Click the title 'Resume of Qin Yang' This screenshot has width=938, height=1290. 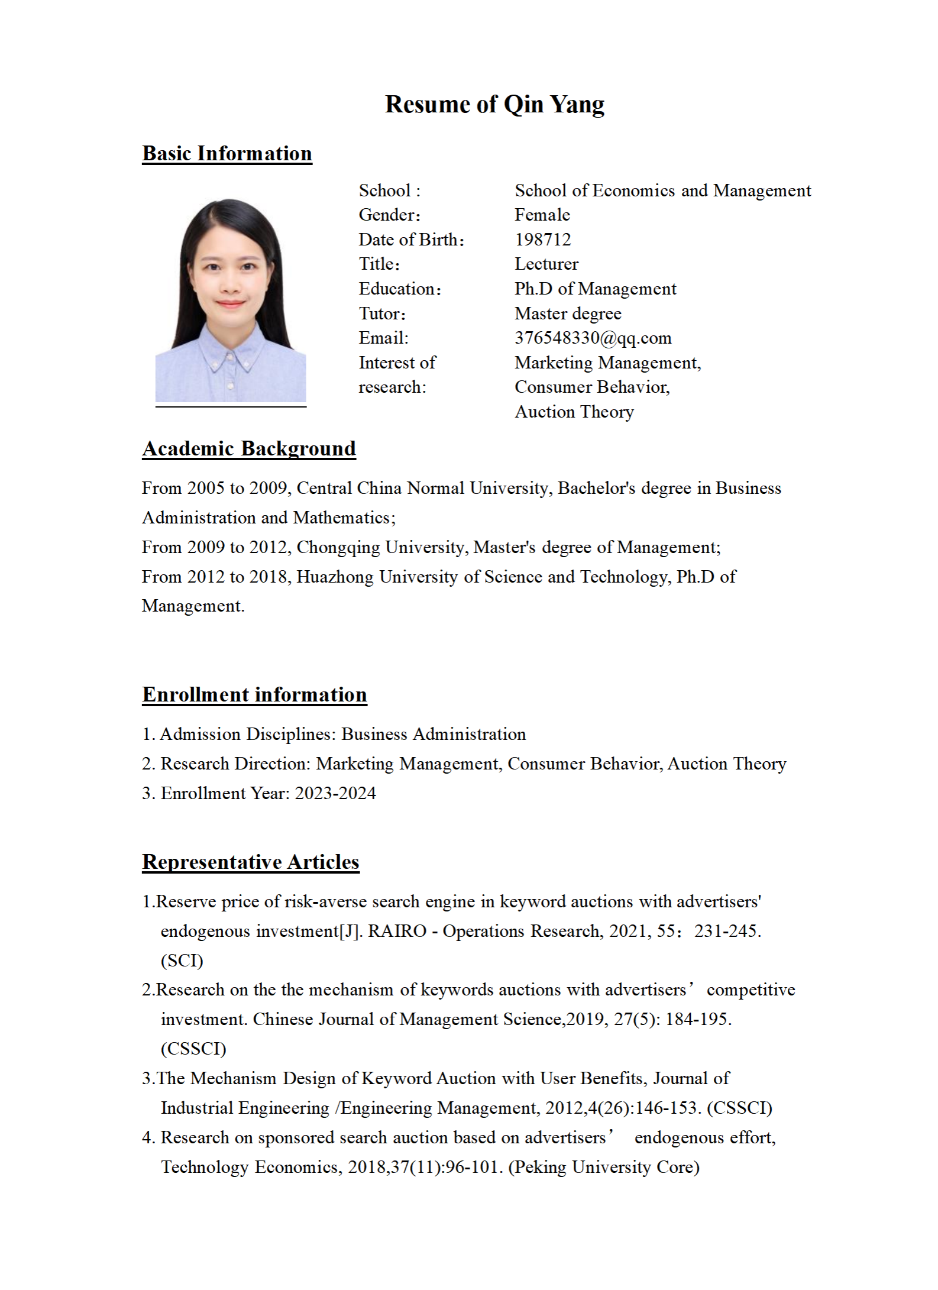(494, 104)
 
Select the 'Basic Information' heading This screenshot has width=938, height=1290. (227, 153)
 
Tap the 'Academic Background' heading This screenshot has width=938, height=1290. (248, 448)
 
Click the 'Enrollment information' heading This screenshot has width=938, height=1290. (254, 694)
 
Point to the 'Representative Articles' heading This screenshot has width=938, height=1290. (250, 862)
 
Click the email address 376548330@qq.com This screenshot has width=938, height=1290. (593, 338)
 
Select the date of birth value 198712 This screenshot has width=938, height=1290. (542, 240)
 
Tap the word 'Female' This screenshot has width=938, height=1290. (542, 215)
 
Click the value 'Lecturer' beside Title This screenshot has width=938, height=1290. (546, 264)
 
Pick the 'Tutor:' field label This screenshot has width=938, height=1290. (382, 313)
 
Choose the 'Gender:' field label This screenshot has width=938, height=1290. (389, 215)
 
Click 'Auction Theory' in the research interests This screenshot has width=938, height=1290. (574, 412)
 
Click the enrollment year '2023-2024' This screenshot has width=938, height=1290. (335, 793)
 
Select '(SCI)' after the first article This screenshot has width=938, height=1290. (182, 961)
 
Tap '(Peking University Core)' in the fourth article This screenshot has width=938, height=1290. (603, 1167)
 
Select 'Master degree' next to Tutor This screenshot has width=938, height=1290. (568, 313)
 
